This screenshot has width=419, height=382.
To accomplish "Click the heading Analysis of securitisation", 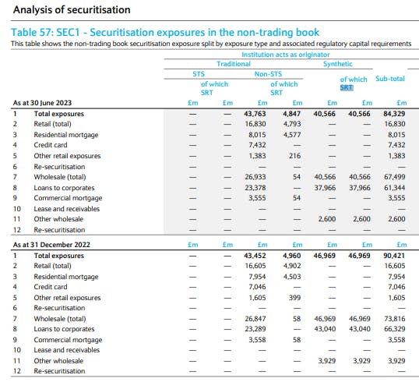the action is point(72,10).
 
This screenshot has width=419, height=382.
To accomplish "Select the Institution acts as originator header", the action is point(286,55).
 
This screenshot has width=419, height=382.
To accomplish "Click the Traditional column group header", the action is point(234,64).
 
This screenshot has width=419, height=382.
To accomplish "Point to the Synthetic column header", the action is point(338,64).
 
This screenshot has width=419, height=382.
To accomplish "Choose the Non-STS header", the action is point(268,74).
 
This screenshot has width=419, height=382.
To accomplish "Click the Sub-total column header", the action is point(390,79).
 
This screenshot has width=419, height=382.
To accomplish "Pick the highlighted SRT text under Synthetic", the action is point(347,87).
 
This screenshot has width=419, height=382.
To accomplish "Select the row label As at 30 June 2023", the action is point(42,103).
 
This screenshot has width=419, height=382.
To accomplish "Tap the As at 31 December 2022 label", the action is point(51,245).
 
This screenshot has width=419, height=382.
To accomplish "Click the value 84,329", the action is point(394,114).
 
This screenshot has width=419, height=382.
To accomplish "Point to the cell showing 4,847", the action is point(292,114).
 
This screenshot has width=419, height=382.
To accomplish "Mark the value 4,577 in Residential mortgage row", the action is point(292,135).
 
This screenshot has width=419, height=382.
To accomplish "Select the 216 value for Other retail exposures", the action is point(294,156).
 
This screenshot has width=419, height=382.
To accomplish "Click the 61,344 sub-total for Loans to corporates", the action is point(394,188).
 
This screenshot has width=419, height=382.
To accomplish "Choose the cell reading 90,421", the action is point(394,256).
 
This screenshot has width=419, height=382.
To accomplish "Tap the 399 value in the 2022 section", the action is point(294,298).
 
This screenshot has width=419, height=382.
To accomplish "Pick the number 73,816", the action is point(394,319).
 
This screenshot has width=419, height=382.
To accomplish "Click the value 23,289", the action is point(255,329).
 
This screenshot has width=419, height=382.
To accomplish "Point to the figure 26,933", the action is point(255,177).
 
